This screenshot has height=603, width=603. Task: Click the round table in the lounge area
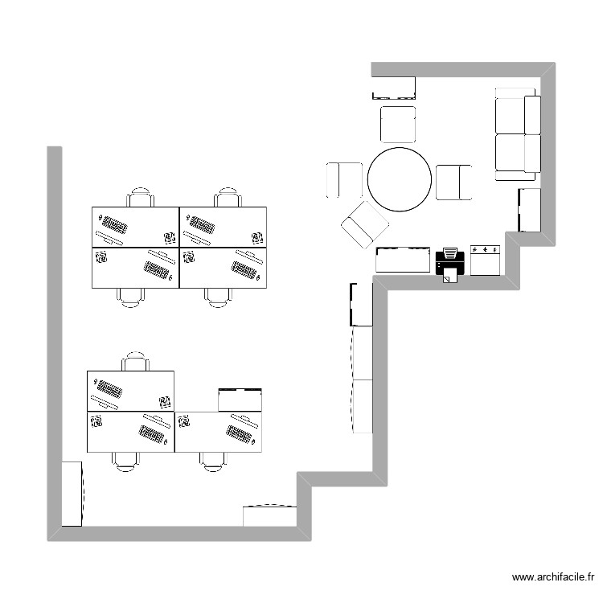coord(400,179)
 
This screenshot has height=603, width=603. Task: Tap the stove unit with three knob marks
coord(486,260)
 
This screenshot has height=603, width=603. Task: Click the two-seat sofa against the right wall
coord(517,133)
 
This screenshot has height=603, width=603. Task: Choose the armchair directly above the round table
coord(398,124)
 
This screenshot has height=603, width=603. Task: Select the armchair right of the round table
coord(453,182)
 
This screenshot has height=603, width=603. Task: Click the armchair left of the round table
coord(344,180)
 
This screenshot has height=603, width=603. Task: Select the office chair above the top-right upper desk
coord(228,198)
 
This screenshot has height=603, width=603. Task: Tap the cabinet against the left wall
coord(72,494)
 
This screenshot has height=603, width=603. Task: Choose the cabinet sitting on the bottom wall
coord(270,515)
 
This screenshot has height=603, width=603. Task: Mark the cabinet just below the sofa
coord(529,210)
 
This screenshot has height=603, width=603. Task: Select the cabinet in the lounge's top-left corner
coord(393,87)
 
